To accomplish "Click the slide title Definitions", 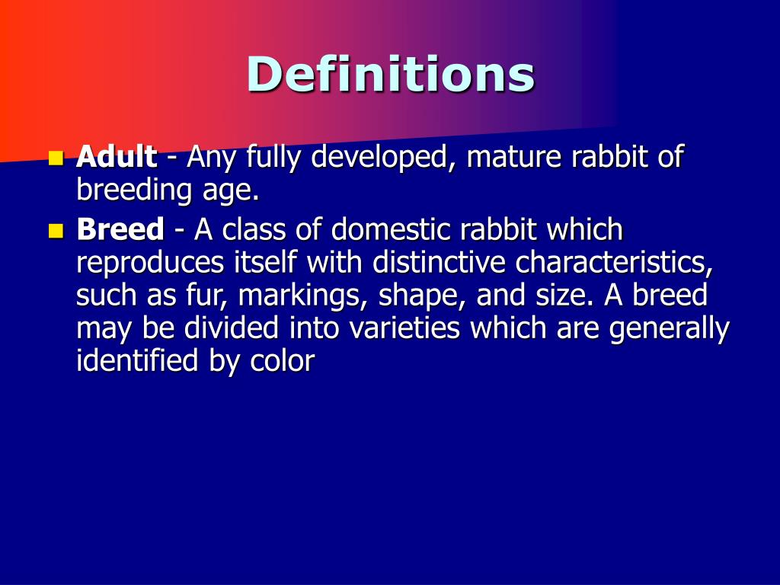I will tap(390, 75).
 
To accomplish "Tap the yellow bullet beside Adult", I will tap(55, 158).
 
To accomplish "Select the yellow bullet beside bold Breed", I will tap(55, 230).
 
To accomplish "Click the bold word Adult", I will tap(117, 158).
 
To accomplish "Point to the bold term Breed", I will tap(120, 229).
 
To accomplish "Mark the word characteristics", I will tap(614, 262).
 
